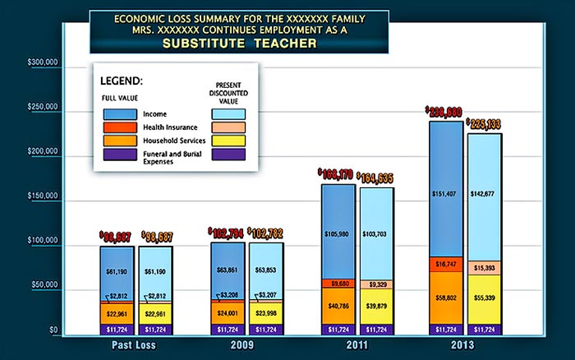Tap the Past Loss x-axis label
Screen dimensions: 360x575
(133, 346)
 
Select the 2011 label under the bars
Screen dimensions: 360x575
(353, 346)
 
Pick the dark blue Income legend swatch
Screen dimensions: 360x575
(120, 114)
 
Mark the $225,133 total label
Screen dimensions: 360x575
(484, 124)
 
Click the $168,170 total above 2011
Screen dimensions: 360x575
(337, 174)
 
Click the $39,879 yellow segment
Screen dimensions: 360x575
(377, 307)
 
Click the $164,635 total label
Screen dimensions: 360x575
(377, 178)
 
